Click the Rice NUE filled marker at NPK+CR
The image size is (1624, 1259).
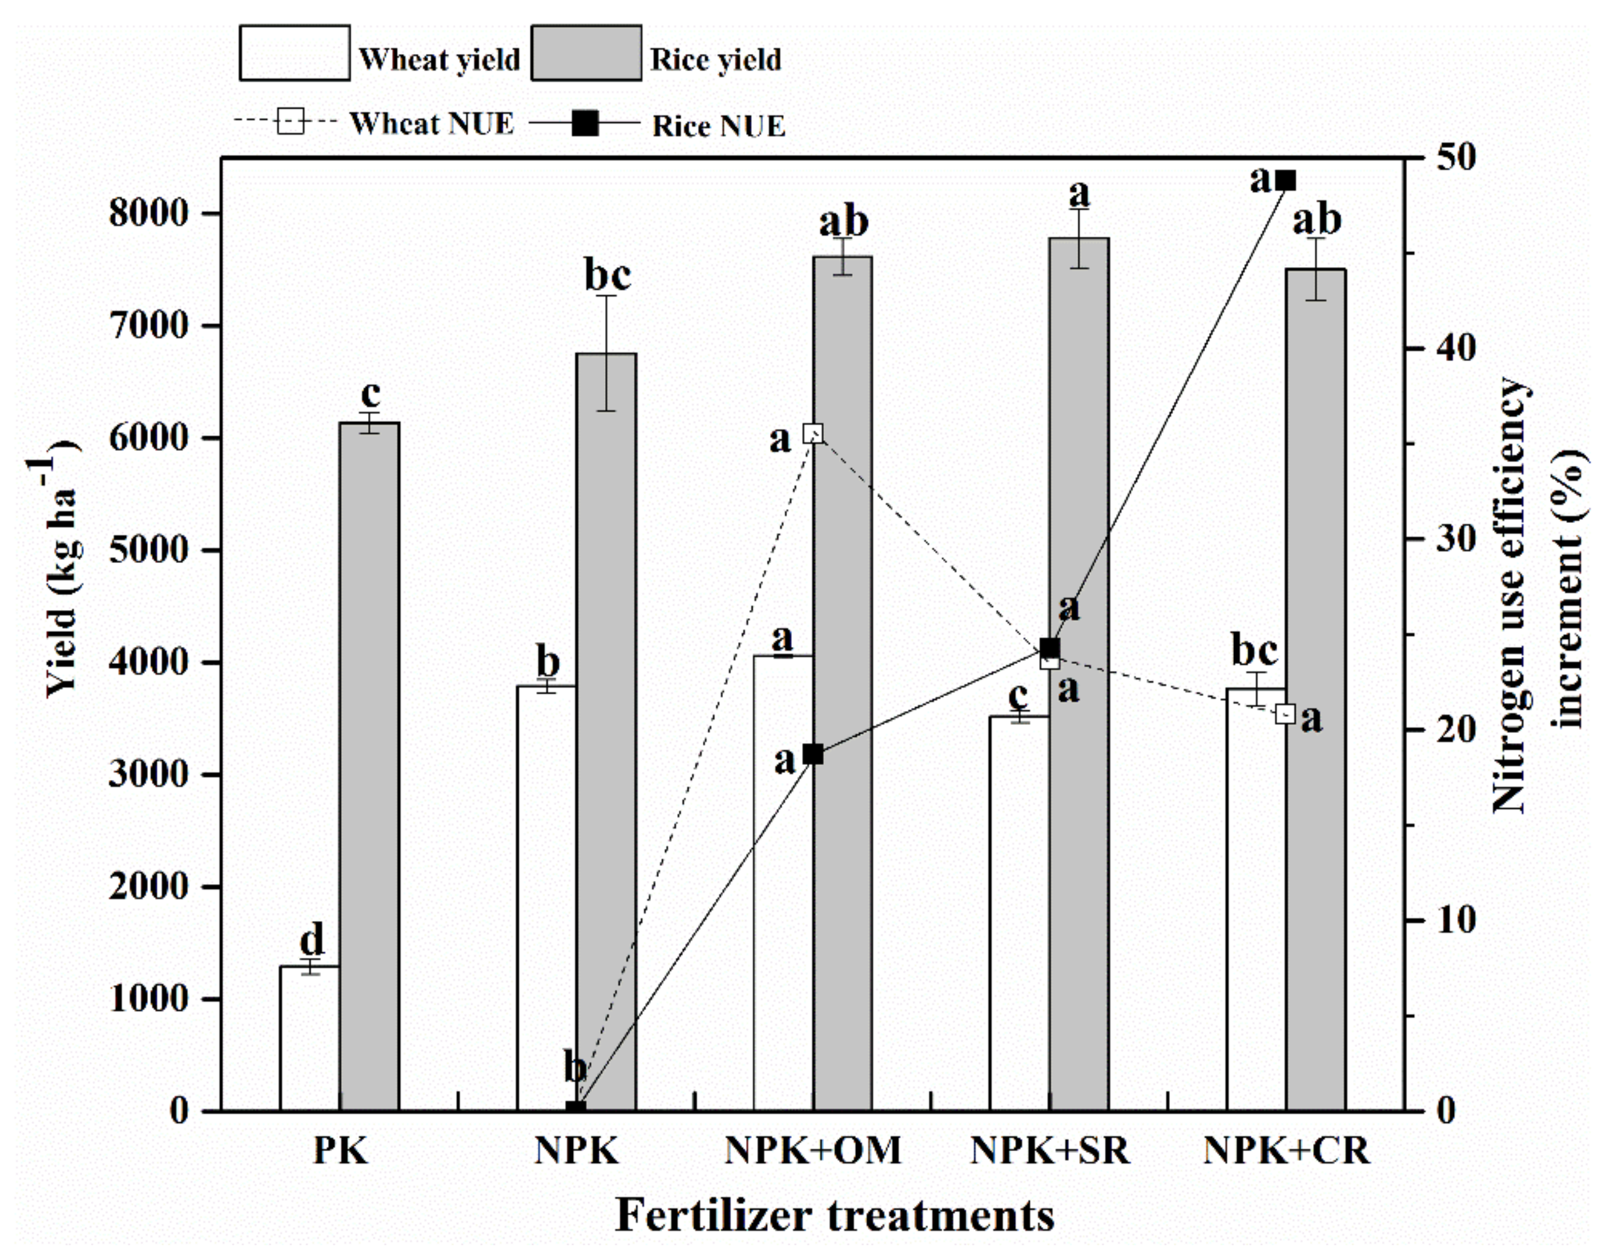click(1285, 181)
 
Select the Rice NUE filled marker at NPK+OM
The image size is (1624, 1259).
click(813, 754)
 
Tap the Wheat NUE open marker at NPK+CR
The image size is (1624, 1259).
click(1285, 714)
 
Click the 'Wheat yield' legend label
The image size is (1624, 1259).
click(439, 60)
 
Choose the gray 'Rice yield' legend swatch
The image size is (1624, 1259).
click(586, 53)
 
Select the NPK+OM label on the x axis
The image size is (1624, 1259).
click(813, 1151)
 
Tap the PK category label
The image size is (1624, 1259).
click(340, 1151)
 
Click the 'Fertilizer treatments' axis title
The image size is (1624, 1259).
click(835, 1215)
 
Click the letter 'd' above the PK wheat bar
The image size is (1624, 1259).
click(312, 939)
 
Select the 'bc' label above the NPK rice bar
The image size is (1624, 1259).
click(608, 275)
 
